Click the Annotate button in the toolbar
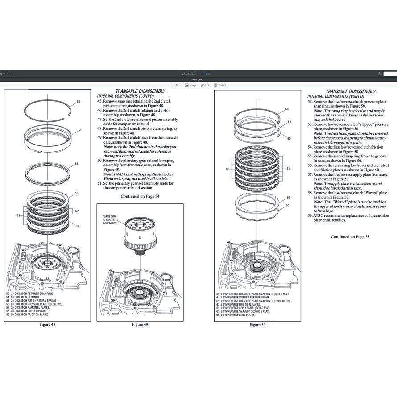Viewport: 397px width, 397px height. (x=189, y=74)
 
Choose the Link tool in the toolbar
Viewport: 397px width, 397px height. (x=206, y=85)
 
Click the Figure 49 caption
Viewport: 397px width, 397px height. (x=140, y=324)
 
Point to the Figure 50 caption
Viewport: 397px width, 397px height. (x=257, y=325)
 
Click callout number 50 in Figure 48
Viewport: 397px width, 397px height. (x=79, y=102)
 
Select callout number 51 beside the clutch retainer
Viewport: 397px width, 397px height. (x=80, y=131)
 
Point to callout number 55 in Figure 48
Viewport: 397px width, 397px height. (x=77, y=164)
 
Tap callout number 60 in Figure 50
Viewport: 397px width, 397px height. (x=287, y=109)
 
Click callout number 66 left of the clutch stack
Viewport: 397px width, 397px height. (x=227, y=169)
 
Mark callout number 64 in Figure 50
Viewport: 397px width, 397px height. (x=289, y=197)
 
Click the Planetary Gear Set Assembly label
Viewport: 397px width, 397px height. (x=109, y=219)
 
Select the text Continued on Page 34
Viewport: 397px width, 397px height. (x=140, y=196)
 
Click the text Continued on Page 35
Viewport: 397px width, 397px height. (x=350, y=237)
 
